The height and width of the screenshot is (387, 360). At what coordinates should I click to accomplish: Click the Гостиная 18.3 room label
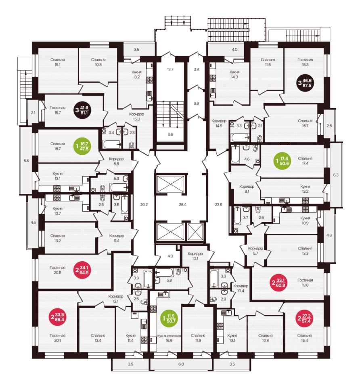click(307, 62)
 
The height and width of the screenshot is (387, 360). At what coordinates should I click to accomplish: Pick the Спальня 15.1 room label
click(58, 62)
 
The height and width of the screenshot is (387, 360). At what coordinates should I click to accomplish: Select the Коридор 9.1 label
click(247, 189)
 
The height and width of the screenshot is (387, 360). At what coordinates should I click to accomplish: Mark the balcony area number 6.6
click(27, 160)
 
